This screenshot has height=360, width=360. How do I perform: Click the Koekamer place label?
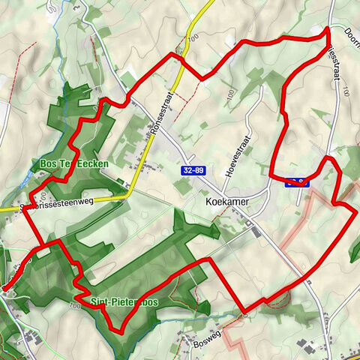point(226,202)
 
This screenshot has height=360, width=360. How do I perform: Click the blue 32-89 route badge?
point(193,171)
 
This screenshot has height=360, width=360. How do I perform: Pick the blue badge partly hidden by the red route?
point(297,180)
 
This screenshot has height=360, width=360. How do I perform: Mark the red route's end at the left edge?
point(4,286)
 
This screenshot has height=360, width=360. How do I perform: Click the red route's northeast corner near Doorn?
point(328,30)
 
